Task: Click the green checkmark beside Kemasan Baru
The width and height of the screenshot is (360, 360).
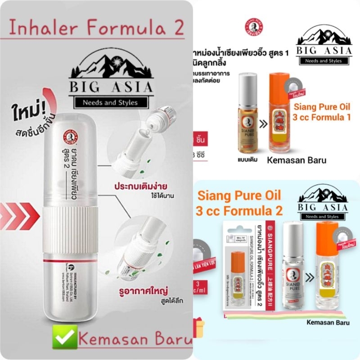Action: [x=64, y=339]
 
